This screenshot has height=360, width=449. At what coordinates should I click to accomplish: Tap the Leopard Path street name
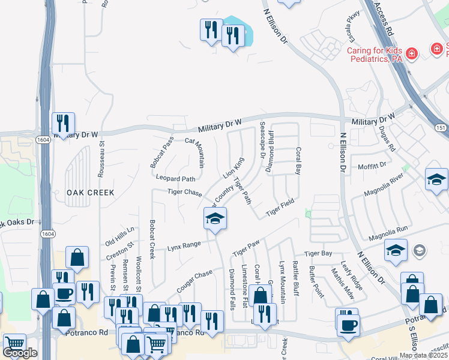click(176, 179)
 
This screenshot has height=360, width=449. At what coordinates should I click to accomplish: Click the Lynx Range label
click(184, 245)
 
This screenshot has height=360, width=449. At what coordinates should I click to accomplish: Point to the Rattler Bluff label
click(295, 280)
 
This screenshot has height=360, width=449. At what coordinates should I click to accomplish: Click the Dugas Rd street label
click(388, 139)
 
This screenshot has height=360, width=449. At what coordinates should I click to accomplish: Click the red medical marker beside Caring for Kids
click(412, 54)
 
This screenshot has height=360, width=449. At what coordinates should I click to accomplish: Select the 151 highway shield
click(440, 128)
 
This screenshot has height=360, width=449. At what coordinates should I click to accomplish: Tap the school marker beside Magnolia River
click(436, 179)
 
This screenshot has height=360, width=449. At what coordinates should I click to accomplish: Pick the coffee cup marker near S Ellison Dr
click(348, 326)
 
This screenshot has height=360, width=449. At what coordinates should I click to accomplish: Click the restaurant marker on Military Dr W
click(62, 124)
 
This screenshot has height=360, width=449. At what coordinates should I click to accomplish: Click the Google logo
click(20, 353)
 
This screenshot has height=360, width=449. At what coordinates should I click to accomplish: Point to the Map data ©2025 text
click(423, 355)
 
